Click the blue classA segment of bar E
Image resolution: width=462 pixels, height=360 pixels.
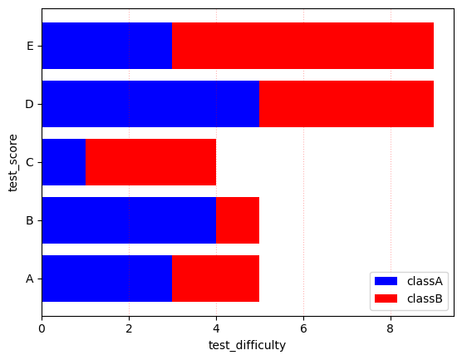pyautogui.click(x=106, y=46)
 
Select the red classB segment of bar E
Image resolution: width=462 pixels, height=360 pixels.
pyautogui.click(x=303, y=46)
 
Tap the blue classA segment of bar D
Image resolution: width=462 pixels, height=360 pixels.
pyautogui.click(x=150, y=104)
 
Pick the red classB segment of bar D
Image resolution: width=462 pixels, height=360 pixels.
pyautogui.click(x=346, y=104)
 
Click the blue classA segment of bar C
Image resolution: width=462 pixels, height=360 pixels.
pyautogui.click(x=63, y=162)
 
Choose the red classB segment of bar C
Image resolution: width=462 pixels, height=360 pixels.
pyautogui.click(x=150, y=162)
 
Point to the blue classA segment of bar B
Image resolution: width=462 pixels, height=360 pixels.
pyautogui.click(x=129, y=220)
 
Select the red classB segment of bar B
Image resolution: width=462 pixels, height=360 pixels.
pyautogui.click(x=238, y=220)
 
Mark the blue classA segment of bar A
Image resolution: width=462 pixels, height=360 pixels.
pyautogui.click(x=106, y=279)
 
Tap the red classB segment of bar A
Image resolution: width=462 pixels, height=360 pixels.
pyautogui.click(x=216, y=279)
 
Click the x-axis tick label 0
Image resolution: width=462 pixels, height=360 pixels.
pyautogui.click(x=42, y=328)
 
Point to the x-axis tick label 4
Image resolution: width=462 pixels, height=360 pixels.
pyautogui.click(x=216, y=328)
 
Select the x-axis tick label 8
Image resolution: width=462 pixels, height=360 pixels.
pyautogui.click(x=391, y=328)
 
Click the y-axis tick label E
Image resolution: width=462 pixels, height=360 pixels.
pyautogui.click(x=30, y=46)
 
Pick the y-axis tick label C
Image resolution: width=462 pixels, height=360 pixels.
pyautogui.click(x=30, y=162)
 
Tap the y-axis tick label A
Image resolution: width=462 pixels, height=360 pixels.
pyautogui.click(x=30, y=279)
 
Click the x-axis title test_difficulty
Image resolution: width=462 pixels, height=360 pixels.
pyautogui.click(x=247, y=345)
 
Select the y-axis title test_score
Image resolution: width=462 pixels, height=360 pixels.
pyautogui.click(x=13, y=162)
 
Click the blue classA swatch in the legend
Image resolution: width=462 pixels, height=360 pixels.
pyautogui.click(x=387, y=281)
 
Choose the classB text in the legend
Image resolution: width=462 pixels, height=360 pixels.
pyautogui.click(x=425, y=298)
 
